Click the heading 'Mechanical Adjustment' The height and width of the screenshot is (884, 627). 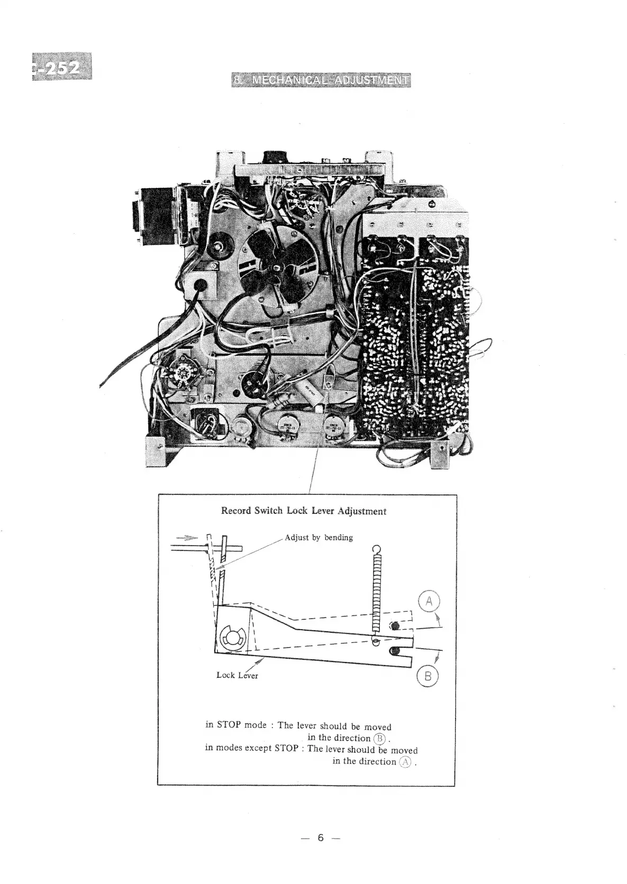click(321, 80)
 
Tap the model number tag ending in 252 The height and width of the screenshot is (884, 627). click(62, 67)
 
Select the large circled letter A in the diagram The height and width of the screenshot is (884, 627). click(429, 602)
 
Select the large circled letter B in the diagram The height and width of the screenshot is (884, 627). click(428, 676)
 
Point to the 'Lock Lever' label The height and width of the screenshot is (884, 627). click(237, 675)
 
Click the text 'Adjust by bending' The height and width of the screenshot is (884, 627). click(319, 538)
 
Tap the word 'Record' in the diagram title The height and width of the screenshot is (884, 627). click(237, 511)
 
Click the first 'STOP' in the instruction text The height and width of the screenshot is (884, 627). click(229, 725)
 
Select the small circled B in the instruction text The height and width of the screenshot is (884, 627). click(380, 739)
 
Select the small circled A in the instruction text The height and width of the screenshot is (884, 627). click(406, 762)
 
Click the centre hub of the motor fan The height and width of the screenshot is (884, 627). click(277, 268)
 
